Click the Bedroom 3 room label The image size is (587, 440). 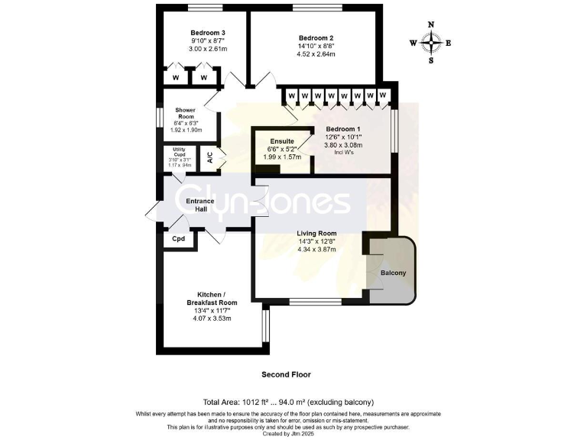pyautogui.click(x=208, y=33)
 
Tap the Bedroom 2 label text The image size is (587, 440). pyautogui.click(x=316, y=38)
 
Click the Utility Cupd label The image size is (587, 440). pyautogui.click(x=180, y=151)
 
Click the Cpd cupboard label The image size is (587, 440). pyautogui.click(x=179, y=239)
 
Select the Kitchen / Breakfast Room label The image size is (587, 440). pyautogui.click(x=209, y=298)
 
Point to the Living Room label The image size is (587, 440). pyautogui.click(x=316, y=234)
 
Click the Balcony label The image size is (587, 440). pyautogui.click(x=393, y=273)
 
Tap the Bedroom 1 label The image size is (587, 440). pyautogui.click(x=343, y=129)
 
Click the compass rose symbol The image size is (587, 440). pyautogui.click(x=431, y=43)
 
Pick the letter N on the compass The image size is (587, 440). pyautogui.click(x=431, y=24)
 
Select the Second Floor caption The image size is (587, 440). pyautogui.click(x=287, y=374)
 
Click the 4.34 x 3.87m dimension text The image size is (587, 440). pyautogui.click(x=316, y=251)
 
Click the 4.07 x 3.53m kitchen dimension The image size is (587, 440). pyautogui.click(x=209, y=318)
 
